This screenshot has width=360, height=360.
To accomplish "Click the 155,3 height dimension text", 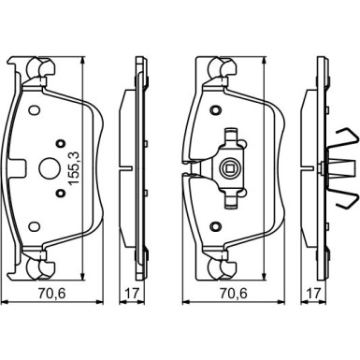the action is pyautogui.click(x=74, y=167).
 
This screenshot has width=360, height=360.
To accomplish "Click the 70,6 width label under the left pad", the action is pyautogui.click(x=52, y=294).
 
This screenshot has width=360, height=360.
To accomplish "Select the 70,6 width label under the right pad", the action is pyautogui.click(x=234, y=294).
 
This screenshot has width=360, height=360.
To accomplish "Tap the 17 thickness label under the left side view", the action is pyautogui.click(x=131, y=294).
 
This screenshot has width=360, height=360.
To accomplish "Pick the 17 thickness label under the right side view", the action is pyautogui.click(x=313, y=294).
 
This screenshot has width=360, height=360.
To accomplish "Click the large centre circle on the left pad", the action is pyautogui.click(x=48, y=168).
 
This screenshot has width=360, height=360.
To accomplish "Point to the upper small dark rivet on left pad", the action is pyautogui.click(x=61, y=143).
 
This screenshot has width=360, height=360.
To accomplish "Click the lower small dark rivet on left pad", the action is pyautogui.click(x=61, y=194).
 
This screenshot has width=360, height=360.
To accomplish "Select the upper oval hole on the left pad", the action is pyautogui.click(x=34, y=110).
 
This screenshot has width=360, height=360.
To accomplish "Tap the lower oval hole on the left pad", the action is pyautogui.click(x=34, y=226).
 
